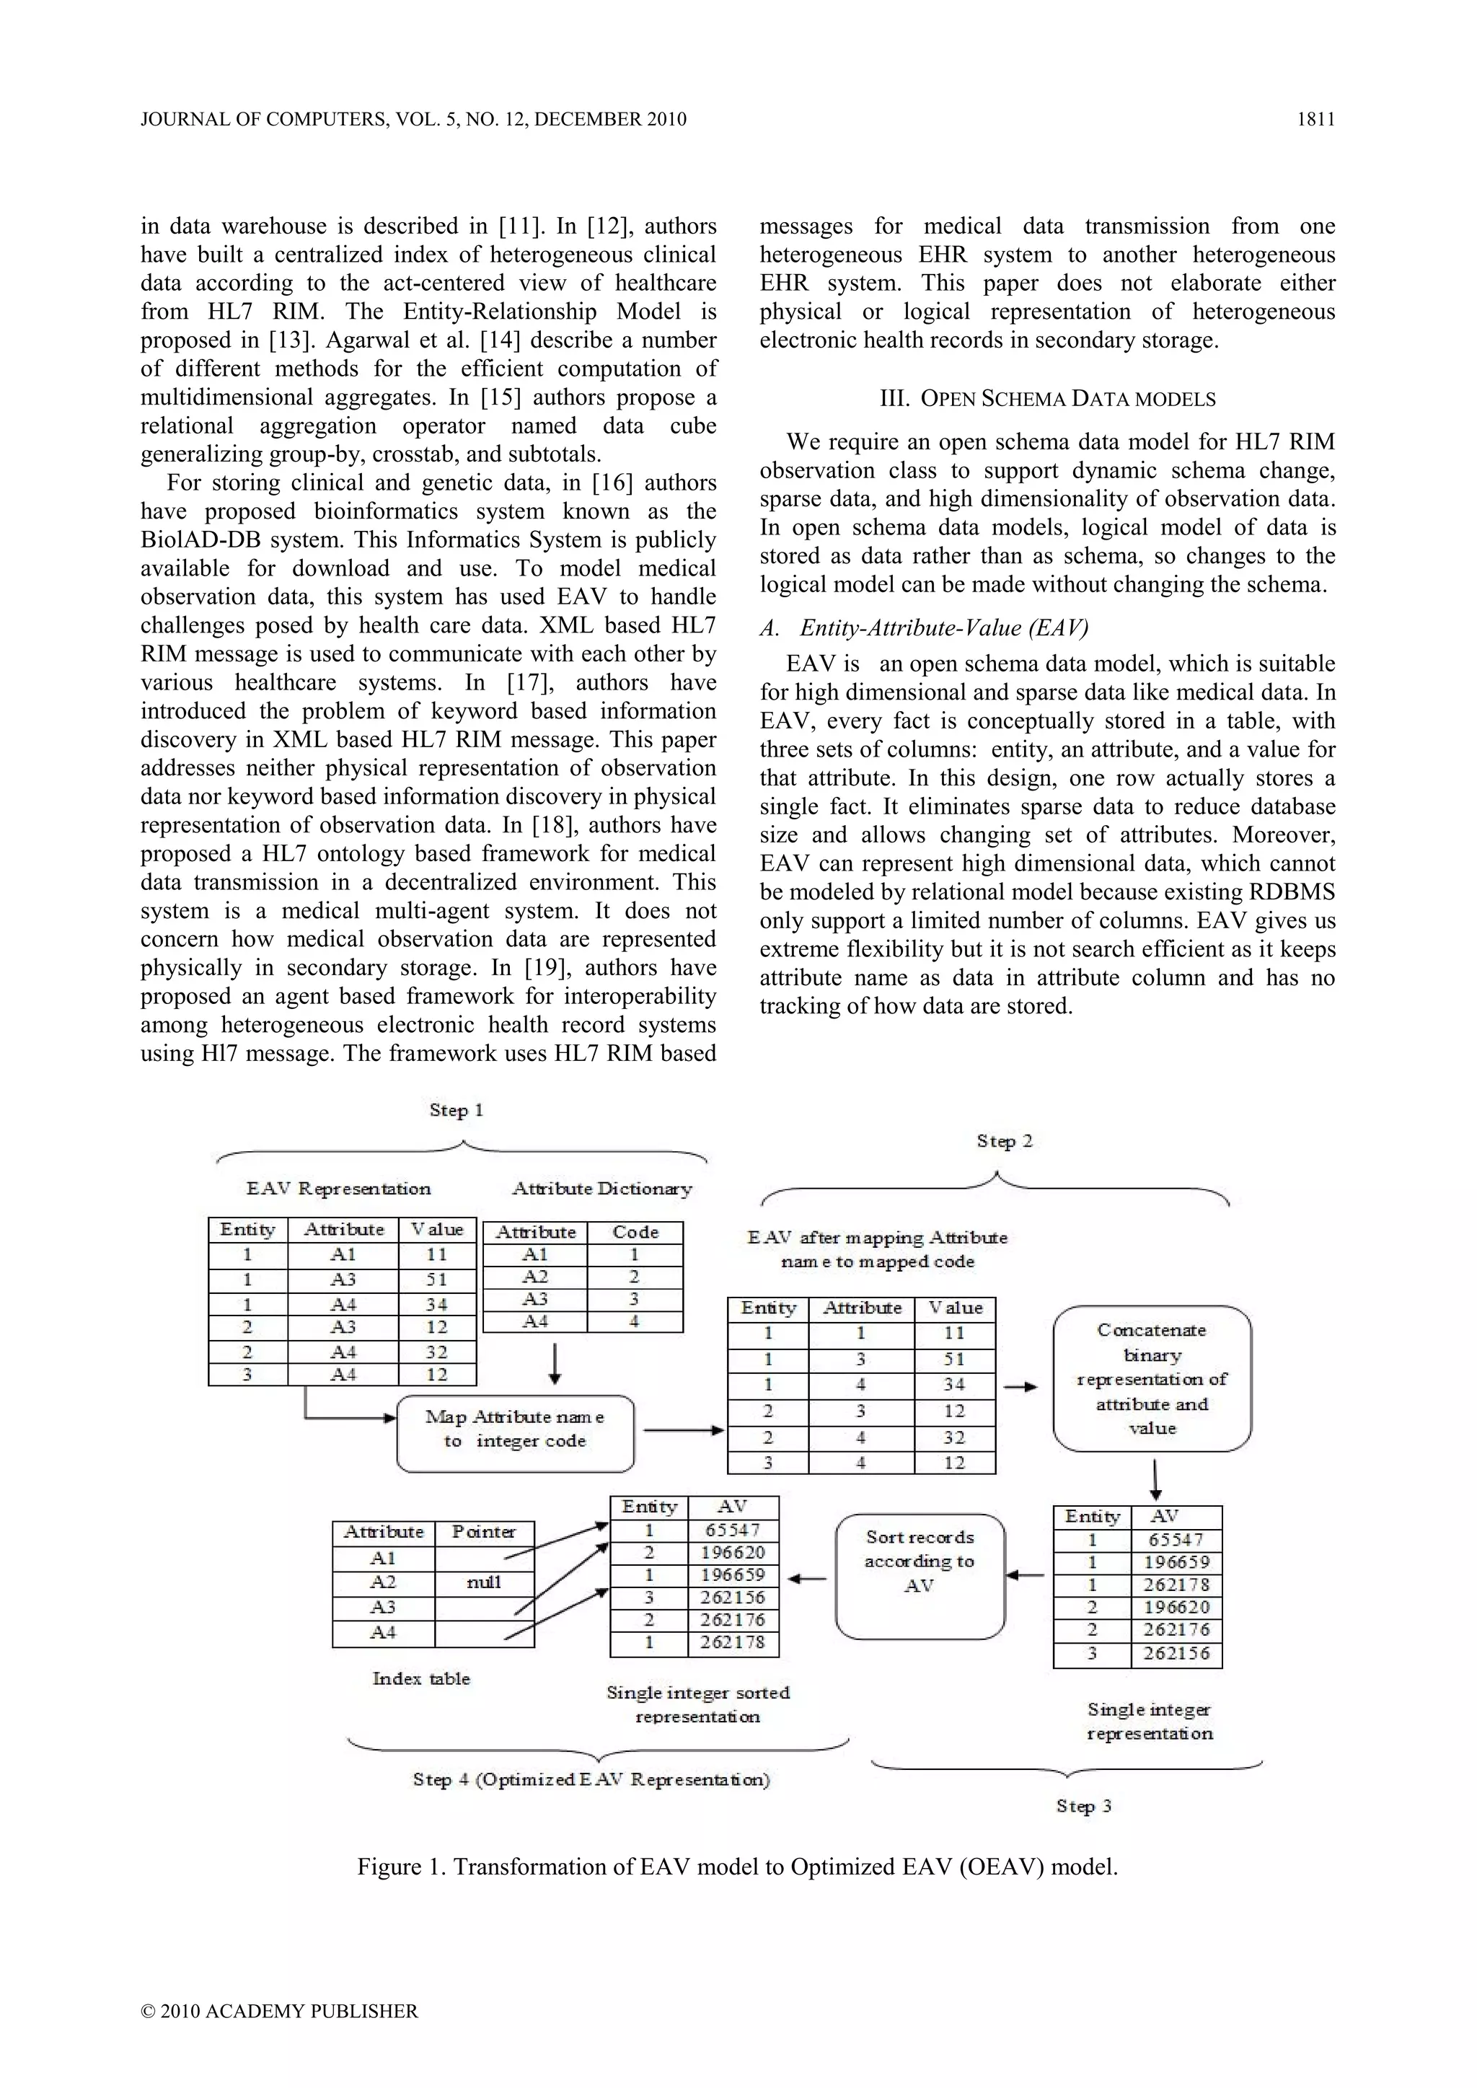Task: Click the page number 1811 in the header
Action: click(1315, 119)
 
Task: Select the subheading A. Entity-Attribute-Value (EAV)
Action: click(924, 627)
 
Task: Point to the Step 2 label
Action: click(1004, 1140)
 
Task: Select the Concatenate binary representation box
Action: click(1152, 1379)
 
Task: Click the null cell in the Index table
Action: click(484, 1582)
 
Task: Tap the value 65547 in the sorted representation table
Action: click(732, 1530)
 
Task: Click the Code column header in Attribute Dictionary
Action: click(635, 1233)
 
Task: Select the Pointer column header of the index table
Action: click(484, 1533)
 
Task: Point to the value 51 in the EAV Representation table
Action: click(436, 1279)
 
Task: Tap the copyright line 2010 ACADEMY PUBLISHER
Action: click(279, 2011)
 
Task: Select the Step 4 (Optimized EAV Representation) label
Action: click(591, 1780)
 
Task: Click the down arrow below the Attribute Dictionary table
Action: click(556, 1362)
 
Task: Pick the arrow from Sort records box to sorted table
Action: click(807, 1579)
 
